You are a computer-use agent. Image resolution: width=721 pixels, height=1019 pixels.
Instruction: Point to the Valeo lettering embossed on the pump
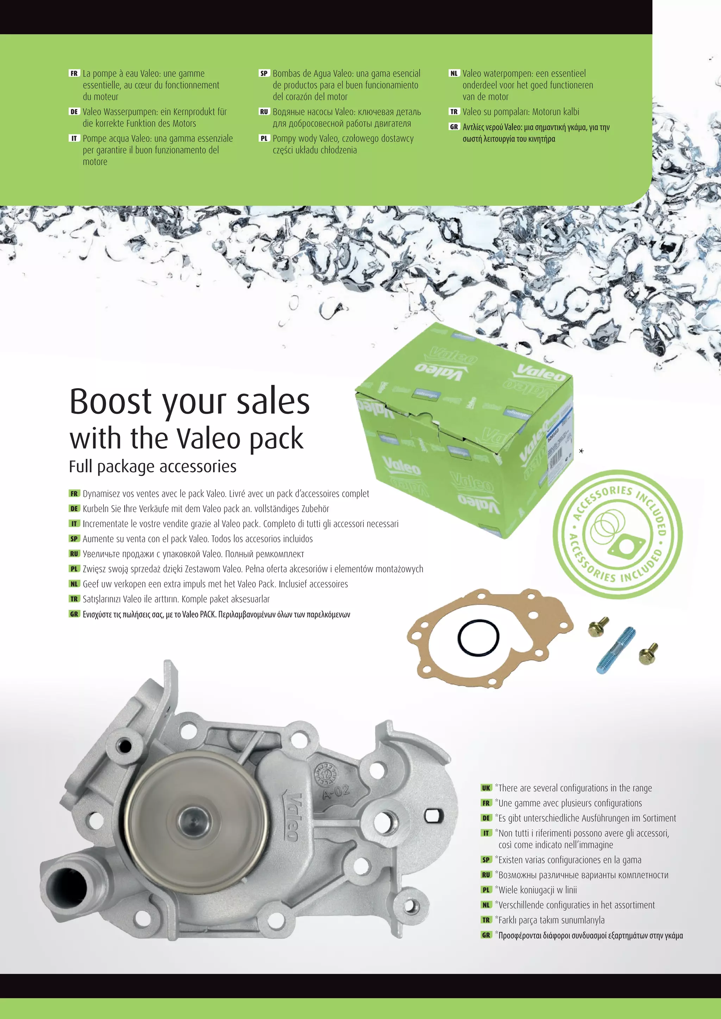point(292,817)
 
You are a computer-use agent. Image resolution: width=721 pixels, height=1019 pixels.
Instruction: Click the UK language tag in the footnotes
point(486,788)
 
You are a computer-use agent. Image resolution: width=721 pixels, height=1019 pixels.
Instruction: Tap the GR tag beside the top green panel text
point(454,127)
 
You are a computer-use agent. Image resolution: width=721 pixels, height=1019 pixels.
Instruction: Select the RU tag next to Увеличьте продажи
point(74,554)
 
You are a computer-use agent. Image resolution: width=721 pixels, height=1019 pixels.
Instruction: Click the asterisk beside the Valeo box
point(581,451)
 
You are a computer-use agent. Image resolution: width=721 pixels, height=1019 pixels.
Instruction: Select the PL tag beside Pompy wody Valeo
point(264,139)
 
